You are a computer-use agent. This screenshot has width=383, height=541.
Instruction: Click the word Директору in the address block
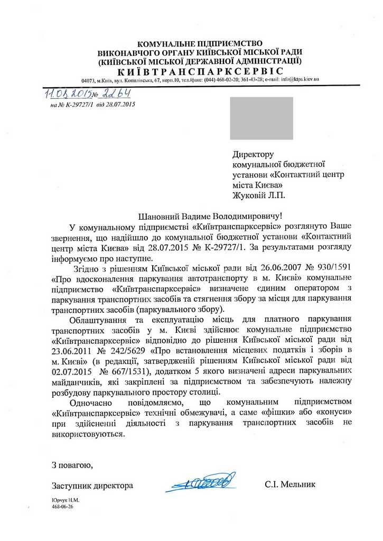click(253, 155)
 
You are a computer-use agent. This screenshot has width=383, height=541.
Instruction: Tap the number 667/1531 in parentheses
click(121, 371)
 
